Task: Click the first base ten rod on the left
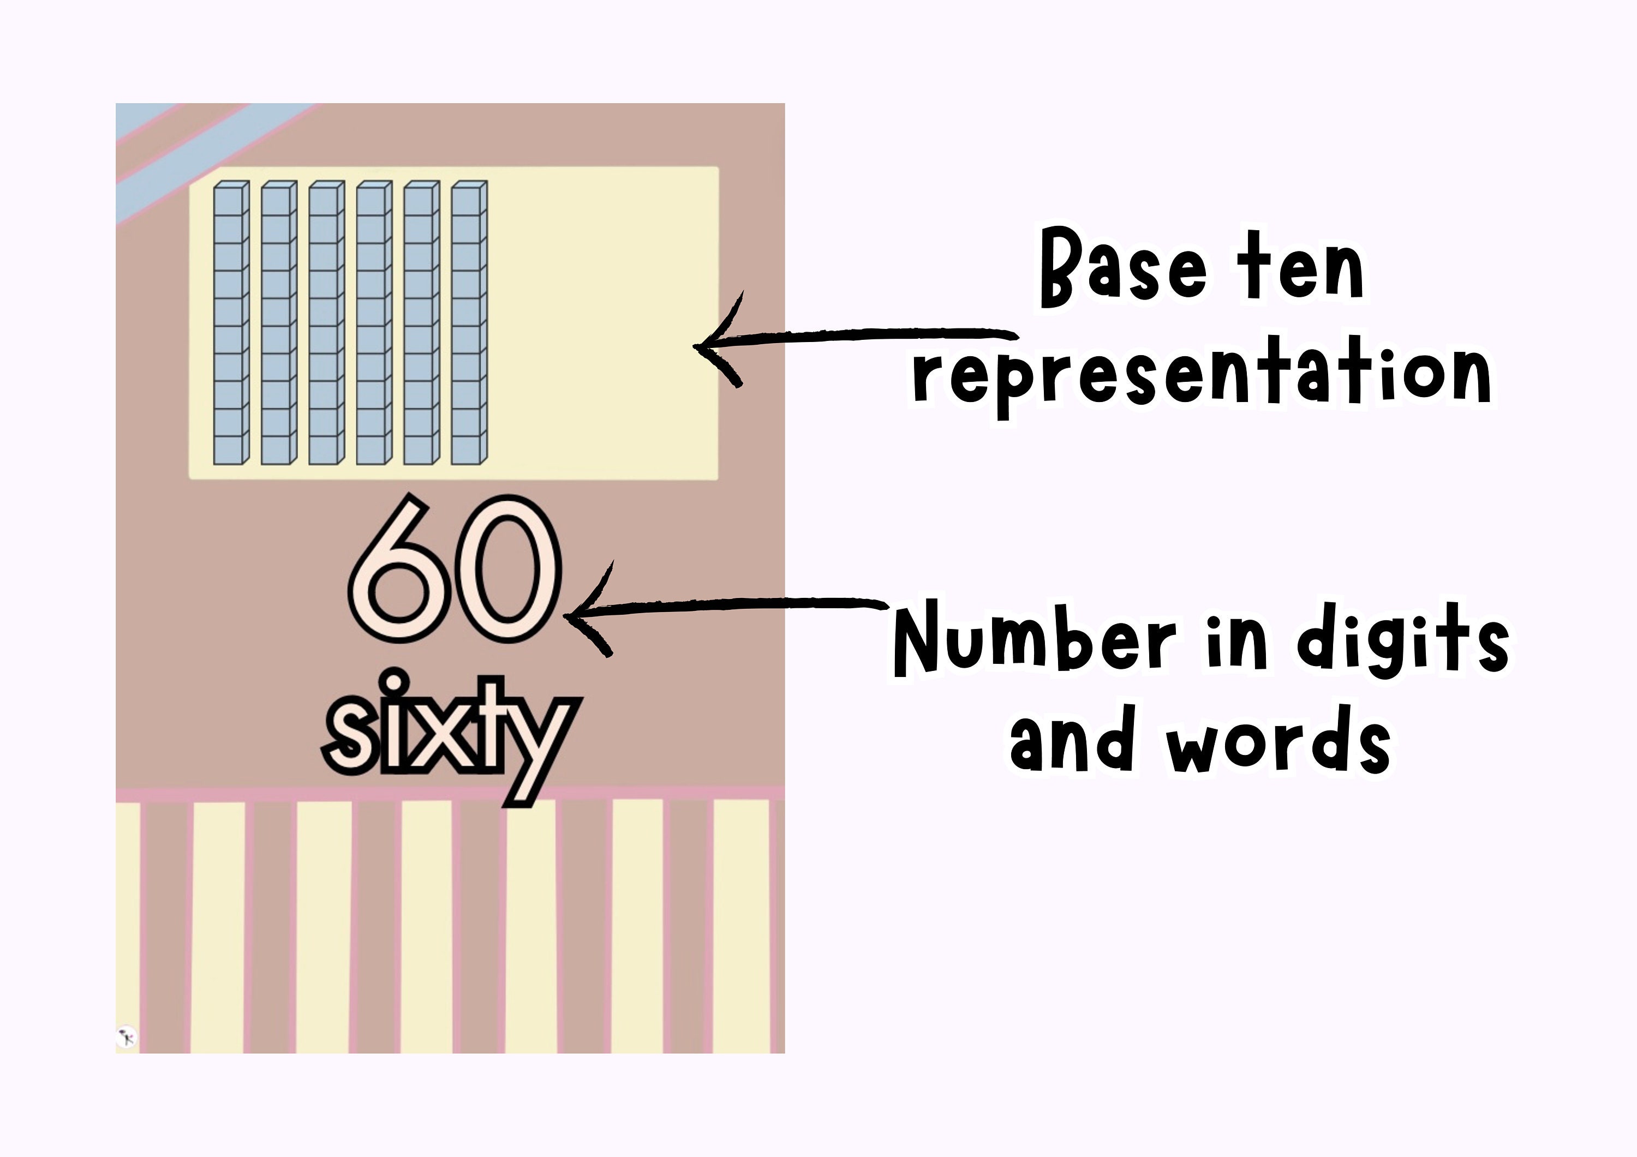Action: [231, 323]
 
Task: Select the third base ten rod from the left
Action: [326, 323]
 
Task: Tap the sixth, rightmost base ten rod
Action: [468, 323]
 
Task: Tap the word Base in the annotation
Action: [1123, 269]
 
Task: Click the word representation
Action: [1202, 376]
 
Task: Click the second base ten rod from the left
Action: [279, 323]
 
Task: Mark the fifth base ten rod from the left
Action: [421, 323]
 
